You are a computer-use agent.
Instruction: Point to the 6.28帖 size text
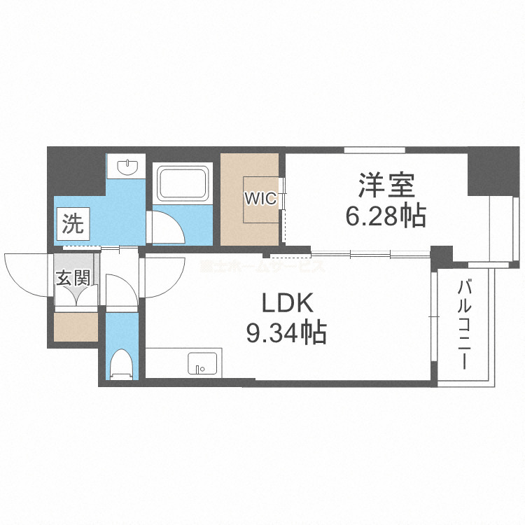(x=386, y=217)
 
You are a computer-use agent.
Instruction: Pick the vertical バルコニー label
(x=463, y=325)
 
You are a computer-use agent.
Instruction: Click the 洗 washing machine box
(x=73, y=224)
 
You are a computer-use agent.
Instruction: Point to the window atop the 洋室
(x=374, y=150)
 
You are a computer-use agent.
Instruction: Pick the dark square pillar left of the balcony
(x=441, y=255)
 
